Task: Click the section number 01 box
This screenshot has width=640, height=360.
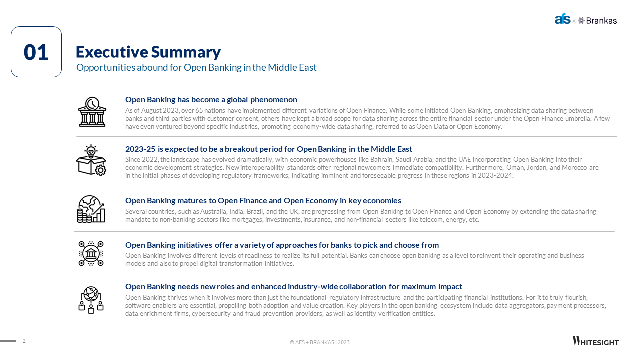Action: [36, 52]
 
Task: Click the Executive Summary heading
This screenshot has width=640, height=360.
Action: [148, 52]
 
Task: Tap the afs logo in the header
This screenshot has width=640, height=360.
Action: [562, 20]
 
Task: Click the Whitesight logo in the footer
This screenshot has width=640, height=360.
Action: [595, 341]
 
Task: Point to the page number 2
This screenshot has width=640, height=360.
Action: [24, 341]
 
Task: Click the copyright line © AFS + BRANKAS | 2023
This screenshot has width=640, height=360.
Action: [320, 342]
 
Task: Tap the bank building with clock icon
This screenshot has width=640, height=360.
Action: [92, 112]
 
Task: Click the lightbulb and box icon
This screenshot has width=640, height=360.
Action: [91, 160]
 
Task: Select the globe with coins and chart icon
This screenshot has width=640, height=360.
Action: [91, 209]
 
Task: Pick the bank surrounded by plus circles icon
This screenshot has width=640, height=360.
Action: [91, 253]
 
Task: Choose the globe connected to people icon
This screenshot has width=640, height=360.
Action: [91, 300]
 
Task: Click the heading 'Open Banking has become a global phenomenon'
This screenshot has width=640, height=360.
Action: [211, 99]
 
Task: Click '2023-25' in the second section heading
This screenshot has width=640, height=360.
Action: [140, 149]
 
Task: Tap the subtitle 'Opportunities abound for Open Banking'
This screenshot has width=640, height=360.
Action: [196, 67]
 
